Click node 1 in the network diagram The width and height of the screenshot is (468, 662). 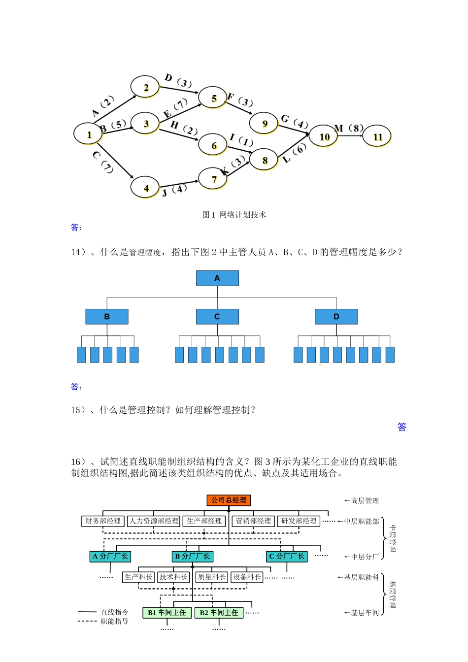[x=88, y=134]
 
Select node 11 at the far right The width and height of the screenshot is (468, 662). [x=377, y=136]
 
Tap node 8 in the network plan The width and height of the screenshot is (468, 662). [x=264, y=160]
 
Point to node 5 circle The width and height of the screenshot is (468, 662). [x=213, y=98]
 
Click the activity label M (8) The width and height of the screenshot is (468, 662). [x=349, y=129]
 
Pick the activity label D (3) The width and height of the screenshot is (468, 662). [x=178, y=81]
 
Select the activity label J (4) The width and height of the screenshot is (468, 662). [x=174, y=190]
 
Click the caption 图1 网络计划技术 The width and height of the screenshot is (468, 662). [x=234, y=215]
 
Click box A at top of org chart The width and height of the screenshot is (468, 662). [x=217, y=278]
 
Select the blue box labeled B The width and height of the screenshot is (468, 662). [x=107, y=317]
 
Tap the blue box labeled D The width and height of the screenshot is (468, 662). [x=336, y=317]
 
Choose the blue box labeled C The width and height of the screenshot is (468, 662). [x=217, y=317]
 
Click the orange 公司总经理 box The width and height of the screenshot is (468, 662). [x=229, y=500]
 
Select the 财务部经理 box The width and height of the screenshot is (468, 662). [x=102, y=521]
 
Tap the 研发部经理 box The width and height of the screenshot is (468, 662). [x=299, y=521]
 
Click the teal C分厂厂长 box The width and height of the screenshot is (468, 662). [x=287, y=556]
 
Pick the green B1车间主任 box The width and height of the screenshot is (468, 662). [x=167, y=613]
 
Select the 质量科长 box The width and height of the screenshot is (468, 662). [x=212, y=577]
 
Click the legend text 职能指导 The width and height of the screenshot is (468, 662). [x=114, y=622]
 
